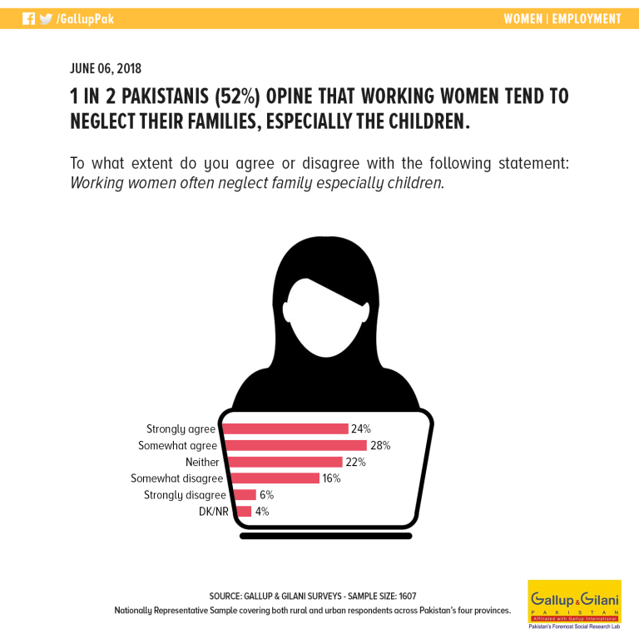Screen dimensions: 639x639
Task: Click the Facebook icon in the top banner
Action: pyautogui.click(x=28, y=19)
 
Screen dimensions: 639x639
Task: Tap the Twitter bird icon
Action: pyautogui.click(x=46, y=19)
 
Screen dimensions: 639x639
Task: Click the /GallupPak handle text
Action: pyautogui.click(x=85, y=19)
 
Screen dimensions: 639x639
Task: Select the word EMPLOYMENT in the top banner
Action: pyautogui.click(x=587, y=19)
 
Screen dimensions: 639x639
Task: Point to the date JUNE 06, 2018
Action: pyautogui.click(x=106, y=68)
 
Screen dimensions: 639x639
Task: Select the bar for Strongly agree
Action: pyautogui.click(x=285, y=428)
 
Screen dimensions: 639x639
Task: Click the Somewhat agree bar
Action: pyautogui.click(x=296, y=445)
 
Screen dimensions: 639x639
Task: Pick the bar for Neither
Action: pyautogui.click(x=285, y=462)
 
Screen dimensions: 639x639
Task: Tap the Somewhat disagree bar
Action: pyautogui.click(x=275, y=478)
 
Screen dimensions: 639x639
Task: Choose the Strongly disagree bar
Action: pyautogui.click(x=245, y=495)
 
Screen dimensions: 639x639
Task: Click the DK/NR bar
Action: pyautogui.click(x=243, y=511)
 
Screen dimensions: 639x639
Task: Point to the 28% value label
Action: pyautogui.click(x=380, y=445)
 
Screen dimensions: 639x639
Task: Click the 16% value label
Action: pyautogui.click(x=331, y=478)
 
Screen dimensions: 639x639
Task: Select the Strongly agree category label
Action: pyautogui.click(x=181, y=429)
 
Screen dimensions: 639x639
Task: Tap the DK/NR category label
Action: pyautogui.click(x=214, y=512)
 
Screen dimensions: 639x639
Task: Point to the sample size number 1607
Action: pyautogui.click(x=408, y=597)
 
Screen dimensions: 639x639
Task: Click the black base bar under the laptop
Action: pyautogui.click(x=325, y=536)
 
